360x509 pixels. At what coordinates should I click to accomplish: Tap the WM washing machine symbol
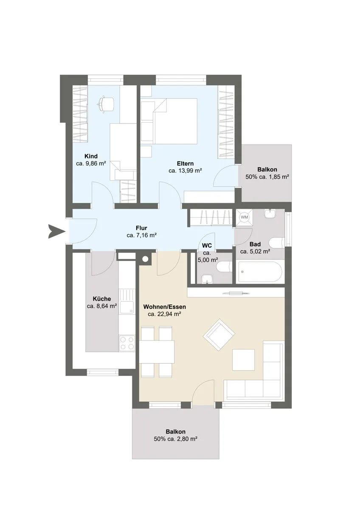pos(244,217)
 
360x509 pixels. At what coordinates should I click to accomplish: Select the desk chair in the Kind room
pos(105,104)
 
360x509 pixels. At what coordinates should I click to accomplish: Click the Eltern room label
pos(186,163)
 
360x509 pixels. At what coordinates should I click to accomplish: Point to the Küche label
pos(101,299)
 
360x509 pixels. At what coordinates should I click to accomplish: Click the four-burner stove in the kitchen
pos(127,343)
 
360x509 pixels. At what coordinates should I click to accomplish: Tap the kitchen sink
pos(127,301)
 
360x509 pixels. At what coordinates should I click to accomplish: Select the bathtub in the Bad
pos(260,272)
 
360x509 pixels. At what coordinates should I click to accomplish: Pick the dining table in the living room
pos(157,355)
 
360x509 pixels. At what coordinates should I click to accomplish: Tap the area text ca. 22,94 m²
pos(164,314)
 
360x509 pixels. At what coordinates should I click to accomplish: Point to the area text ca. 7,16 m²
pos(141,235)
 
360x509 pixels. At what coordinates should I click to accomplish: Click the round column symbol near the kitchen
pos(145,259)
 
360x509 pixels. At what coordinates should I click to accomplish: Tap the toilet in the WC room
pos(224,267)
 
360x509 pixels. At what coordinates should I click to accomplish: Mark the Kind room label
pos(91,156)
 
